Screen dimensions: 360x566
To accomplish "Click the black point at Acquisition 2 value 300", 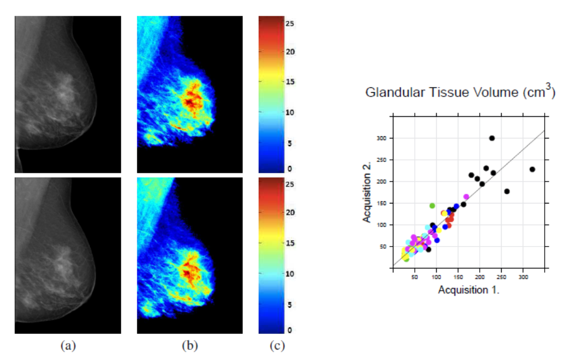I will pos(492,139).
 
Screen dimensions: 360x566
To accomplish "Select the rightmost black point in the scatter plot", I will pos(532,169).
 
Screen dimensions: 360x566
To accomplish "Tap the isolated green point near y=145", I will pos(432,206).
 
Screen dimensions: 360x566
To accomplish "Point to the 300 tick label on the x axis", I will pos(523,277).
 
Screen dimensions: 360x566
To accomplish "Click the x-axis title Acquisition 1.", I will pos(469,290).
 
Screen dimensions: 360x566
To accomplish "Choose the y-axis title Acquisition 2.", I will pos(368,192).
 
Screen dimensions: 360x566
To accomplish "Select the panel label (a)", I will pos(68,345).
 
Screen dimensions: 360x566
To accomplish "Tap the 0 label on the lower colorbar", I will pos(289,330).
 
